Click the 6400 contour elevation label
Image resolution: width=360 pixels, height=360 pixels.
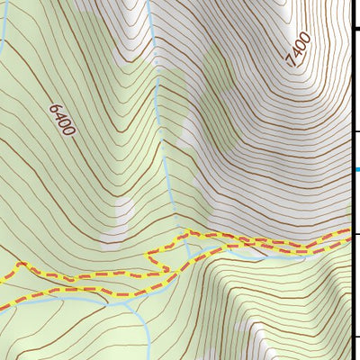tap(62, 119)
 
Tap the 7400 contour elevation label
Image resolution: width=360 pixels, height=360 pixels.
tap(298, 49)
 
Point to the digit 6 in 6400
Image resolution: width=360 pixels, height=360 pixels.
tap(53, 108)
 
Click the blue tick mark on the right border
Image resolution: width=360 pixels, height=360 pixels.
tap(356, 168)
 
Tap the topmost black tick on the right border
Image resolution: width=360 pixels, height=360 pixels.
tap(355, 30)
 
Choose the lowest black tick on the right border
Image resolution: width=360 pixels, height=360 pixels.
tap(355, 337)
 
